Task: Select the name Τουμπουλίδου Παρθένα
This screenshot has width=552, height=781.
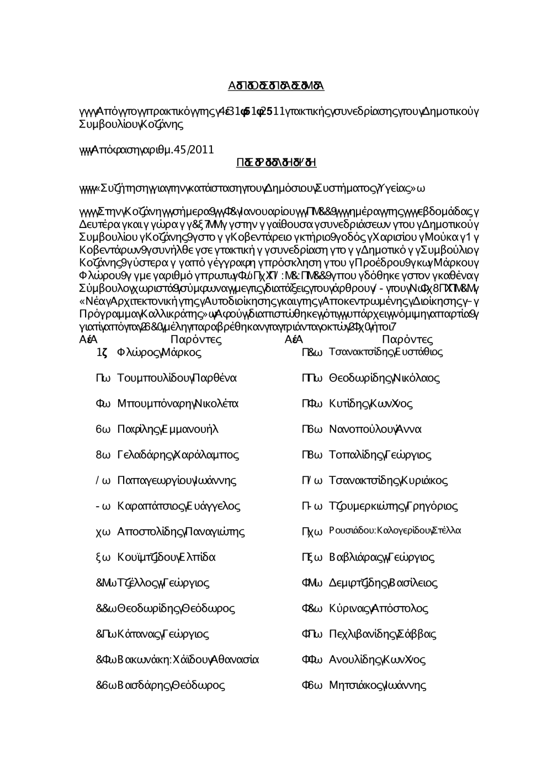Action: (x=177, y=378)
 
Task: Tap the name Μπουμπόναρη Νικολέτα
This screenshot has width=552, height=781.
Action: (x=178, y=404)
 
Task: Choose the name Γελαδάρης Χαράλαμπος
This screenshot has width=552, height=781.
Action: (x=178, y=455)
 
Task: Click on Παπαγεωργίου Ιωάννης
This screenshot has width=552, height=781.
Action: (x=177, y=480)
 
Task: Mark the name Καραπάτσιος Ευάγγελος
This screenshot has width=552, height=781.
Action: (x=179, y=506)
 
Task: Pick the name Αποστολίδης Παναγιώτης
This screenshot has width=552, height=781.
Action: (x=181, y=532)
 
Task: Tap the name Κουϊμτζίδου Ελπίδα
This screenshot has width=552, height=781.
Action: (x=166, y=557)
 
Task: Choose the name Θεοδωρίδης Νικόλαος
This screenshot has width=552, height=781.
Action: (x=384, y=378)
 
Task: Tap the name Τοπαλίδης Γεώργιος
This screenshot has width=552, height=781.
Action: (x=380, y=455)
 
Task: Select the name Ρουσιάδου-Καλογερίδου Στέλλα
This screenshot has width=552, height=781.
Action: (x=395, y=531)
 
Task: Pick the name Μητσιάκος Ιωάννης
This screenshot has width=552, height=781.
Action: (x=378, y=686)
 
